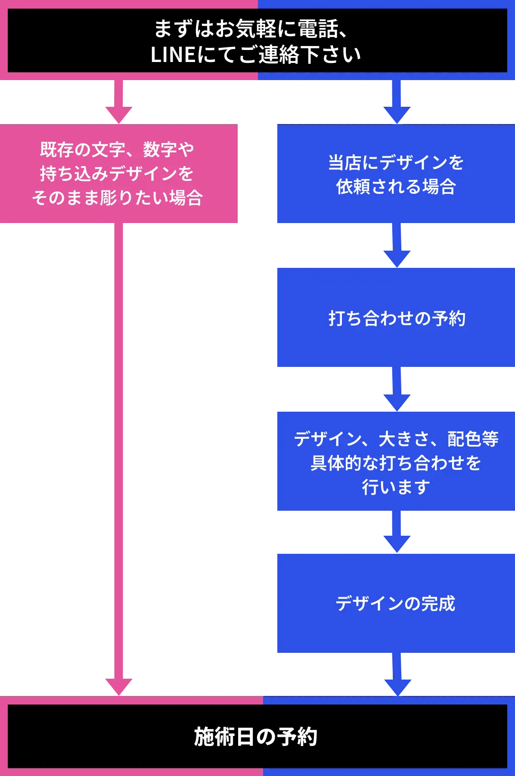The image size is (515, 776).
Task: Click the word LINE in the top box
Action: point(174,55)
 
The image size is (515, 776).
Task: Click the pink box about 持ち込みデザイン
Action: point(118,174)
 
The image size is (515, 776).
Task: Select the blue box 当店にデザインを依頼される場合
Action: point(395,174)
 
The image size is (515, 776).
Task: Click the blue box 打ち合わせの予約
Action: point(395,318)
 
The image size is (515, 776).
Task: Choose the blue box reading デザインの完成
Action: point(395,603)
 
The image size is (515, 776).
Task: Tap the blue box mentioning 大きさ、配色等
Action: point(395,462)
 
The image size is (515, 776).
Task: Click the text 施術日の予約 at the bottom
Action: point(256,736)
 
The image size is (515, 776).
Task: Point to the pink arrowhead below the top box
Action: point(119,115)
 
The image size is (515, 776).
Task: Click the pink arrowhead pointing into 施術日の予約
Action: point(119,686)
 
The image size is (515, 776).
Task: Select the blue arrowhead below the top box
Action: point(397,115)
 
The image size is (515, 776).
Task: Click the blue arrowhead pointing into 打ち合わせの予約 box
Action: point(397,257)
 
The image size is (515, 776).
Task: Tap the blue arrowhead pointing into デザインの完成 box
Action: point(397,543)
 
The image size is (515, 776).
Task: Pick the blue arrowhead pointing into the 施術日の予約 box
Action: point(397,686)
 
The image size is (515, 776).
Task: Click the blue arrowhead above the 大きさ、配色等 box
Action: point(397,401)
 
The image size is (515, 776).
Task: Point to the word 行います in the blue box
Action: point(395,487)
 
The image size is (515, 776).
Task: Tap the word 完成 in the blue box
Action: point(438,603)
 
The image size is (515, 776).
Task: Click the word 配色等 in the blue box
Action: point(473,439)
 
